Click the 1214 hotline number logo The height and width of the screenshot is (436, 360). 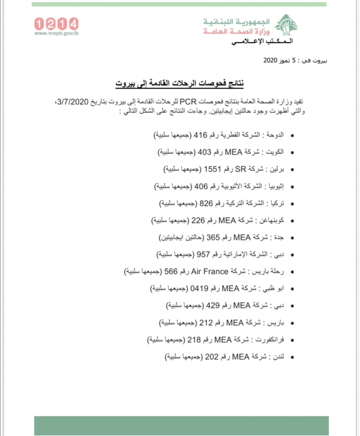click(56, 23)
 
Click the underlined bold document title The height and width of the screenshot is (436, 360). click(179, 83)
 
